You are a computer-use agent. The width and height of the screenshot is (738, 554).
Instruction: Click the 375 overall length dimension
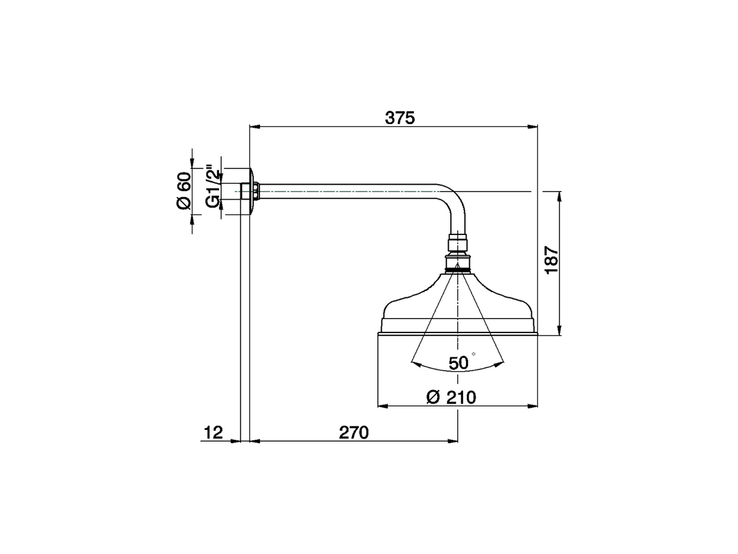[400, 118]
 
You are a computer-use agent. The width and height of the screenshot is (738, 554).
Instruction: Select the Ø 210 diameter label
[451, 397]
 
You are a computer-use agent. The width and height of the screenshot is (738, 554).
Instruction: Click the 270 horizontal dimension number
[353, 432]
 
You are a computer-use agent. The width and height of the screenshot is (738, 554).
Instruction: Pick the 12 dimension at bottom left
[213, 432]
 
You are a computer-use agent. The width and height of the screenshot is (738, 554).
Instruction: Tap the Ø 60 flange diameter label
[183, 191]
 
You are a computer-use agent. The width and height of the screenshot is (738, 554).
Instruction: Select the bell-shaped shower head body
[458, 306]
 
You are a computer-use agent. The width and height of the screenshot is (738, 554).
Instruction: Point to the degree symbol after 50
[473, 353]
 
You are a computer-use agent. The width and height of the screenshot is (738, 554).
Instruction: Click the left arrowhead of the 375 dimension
[254, 126]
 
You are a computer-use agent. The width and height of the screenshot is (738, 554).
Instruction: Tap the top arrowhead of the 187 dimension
[559, 196]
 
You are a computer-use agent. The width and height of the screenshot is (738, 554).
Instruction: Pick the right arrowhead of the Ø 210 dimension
[533, 406]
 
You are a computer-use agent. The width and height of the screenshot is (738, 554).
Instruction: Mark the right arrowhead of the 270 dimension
[454, 441]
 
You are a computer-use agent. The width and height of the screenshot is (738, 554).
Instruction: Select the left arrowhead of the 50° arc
[415, 363]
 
